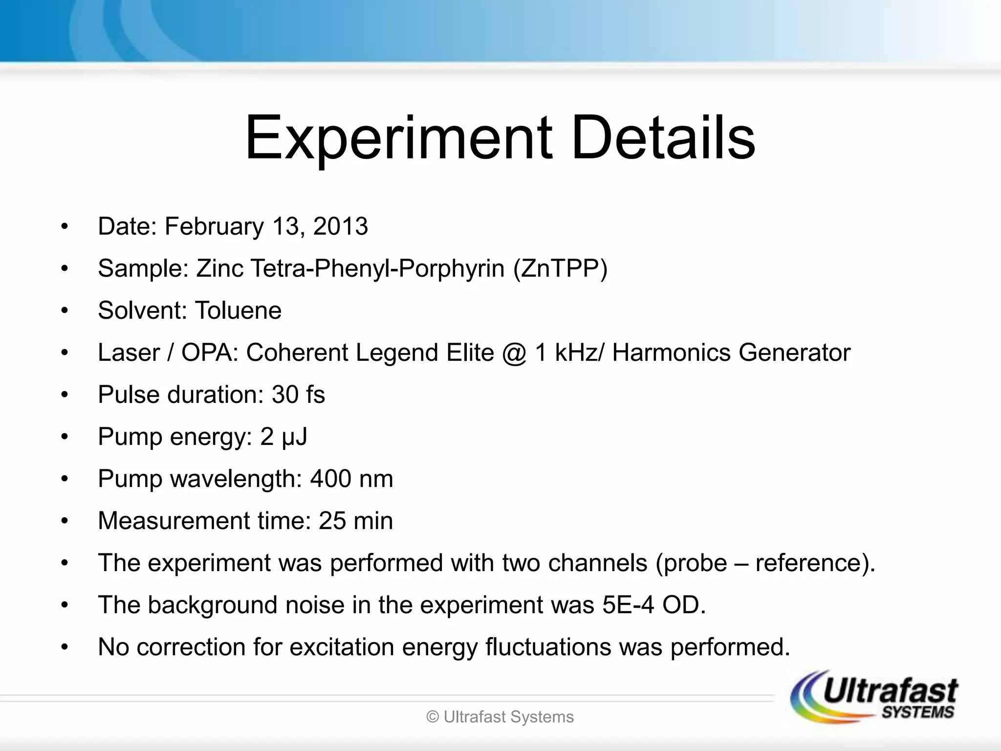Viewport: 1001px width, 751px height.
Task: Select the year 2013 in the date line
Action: coord(340,226)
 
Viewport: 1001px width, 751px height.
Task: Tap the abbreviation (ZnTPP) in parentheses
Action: coord(560,268)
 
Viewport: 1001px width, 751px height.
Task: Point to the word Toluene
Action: coord(238,310)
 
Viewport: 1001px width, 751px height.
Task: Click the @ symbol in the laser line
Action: coord(513,353)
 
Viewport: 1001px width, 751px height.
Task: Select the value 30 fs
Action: coord(298,395)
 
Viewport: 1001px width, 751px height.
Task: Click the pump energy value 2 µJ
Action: coord(283,437)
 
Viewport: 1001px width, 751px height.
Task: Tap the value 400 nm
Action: coord(351,479)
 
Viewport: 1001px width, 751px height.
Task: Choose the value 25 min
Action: coord(355,521)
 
